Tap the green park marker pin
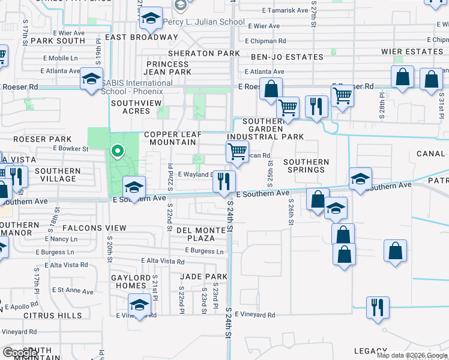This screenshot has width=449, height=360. pyautogui.click(x=118, y=152)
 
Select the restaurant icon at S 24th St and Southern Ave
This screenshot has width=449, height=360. pyautogui.click(x=224, y=181)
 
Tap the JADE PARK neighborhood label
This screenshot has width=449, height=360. pyautogui.click(x=204, y=277)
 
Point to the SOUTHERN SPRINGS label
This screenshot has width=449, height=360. pyautogui.click(x=306, y=166)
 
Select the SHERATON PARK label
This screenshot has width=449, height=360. pyautogui.click(x=203, y=53)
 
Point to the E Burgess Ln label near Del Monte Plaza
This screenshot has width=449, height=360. pyautogui.click(x=205, y=251)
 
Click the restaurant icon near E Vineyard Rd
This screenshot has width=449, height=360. pyautogui.click(x=378, y=307)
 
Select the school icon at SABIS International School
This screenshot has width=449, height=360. pyautogui.click(x=92, y=80)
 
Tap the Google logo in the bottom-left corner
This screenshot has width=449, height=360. pyautogui.click(x=20, y=353)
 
